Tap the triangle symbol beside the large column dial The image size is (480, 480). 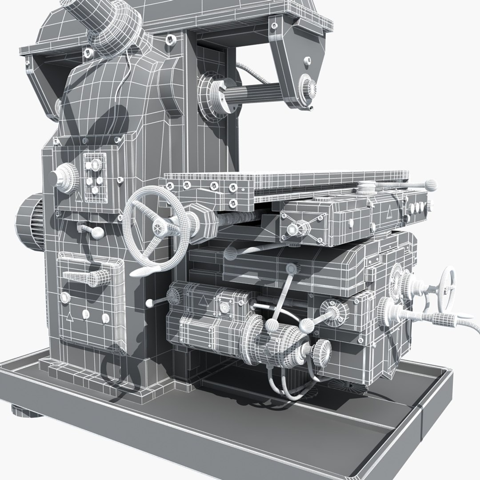click(79, 198)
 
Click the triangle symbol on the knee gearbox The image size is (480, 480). click(203, 300)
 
